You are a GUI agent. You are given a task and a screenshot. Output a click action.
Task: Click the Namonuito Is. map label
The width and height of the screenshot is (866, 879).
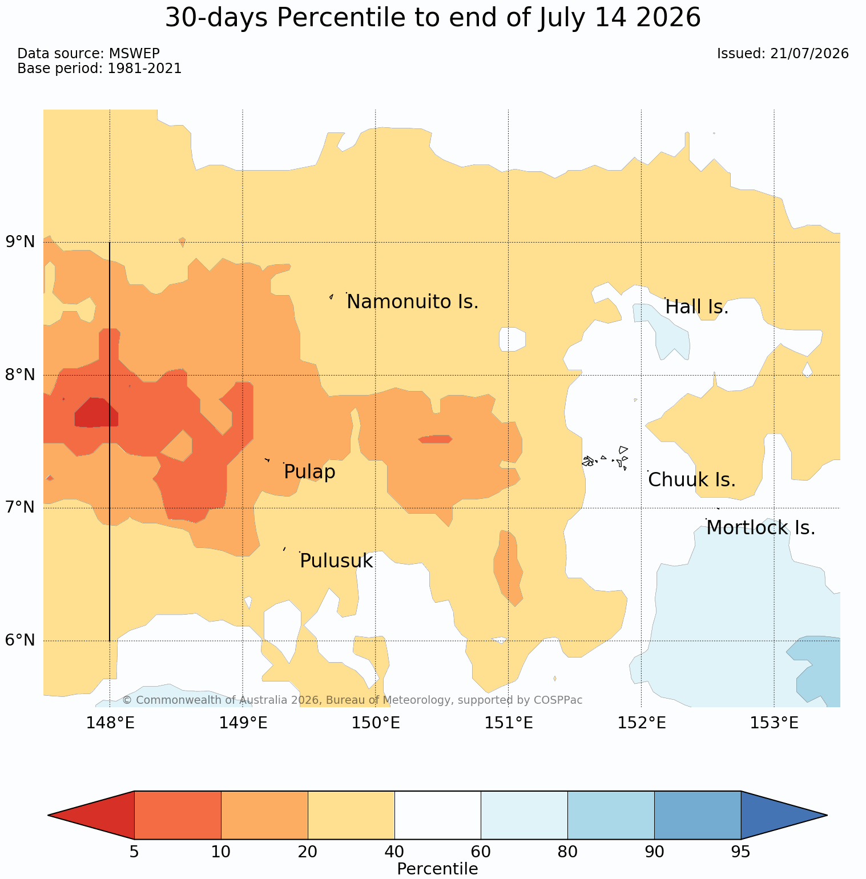412,301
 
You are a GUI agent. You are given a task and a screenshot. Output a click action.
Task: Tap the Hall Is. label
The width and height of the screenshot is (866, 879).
697,307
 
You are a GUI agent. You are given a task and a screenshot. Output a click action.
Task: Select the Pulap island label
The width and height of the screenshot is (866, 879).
309,472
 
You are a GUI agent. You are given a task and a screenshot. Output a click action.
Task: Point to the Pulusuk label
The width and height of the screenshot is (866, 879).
336,561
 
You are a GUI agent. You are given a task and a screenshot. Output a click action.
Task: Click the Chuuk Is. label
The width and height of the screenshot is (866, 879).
692,480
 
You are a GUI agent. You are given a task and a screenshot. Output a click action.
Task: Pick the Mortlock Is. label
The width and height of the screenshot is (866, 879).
760,528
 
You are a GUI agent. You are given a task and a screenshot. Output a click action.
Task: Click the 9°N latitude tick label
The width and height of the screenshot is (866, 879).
21,242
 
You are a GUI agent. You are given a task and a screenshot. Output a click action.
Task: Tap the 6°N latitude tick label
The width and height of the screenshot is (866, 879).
21,640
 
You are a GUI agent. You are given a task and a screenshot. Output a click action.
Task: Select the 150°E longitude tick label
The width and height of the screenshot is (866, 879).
376,723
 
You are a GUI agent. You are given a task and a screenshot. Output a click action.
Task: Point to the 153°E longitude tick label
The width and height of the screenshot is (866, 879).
774,723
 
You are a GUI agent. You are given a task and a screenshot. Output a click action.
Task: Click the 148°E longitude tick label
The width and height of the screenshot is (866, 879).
110,723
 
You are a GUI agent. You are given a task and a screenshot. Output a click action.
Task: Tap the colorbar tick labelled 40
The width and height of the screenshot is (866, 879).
394,852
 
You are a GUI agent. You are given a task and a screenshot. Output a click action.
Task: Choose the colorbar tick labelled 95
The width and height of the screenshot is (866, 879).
741,852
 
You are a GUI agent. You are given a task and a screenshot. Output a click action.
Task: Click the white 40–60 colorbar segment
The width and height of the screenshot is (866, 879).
438,815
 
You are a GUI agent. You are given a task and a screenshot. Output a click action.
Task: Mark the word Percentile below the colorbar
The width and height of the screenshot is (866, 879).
437,869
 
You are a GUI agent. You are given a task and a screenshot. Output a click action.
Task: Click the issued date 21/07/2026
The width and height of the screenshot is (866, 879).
809,54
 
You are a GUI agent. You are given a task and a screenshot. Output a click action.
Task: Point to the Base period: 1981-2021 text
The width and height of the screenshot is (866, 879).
99,68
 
